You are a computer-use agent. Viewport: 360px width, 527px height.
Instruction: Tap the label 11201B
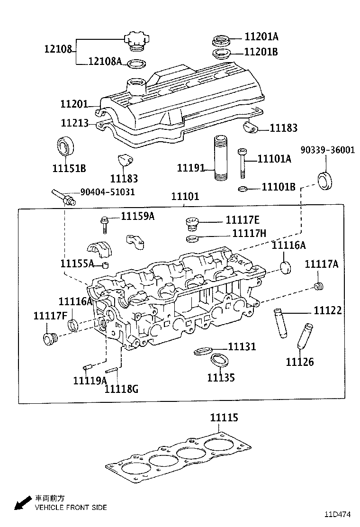pyautogui.click(x=261, y=52)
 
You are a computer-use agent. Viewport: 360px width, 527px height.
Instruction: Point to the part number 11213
pyautogui.click(x=74, y=123)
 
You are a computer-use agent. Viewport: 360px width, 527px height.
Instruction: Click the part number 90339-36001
pyautogui.click(x=327, y=150)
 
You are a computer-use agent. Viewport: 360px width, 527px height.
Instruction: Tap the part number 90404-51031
pyautogui.click(x=108, y=192)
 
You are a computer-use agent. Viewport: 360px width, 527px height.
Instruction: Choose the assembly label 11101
pyautogui.click(x=185, y=196)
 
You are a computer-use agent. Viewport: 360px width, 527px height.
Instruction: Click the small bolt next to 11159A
pyautogui.click(x=104, y=224)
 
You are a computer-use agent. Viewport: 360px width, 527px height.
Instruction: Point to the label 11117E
pyautogui.click(x=243, y=220)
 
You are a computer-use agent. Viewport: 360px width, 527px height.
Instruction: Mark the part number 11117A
pyautogui.click(x=321, y=264)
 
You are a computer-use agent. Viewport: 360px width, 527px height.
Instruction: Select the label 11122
pyautogui.click(x=327, y=310)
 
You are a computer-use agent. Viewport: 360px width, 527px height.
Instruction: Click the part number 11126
pyautogui.click(x=299, y=362)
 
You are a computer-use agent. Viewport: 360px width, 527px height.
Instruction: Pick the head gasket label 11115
pyautogui.click(x=224, y=418)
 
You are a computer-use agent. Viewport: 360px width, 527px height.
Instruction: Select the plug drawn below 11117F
pyautogui.click(x=49, y=339)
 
